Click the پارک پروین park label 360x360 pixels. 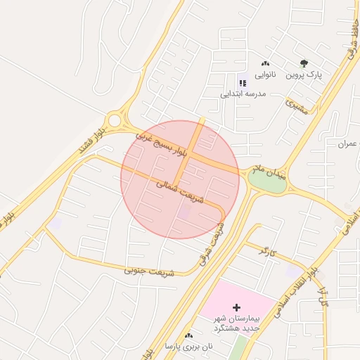[x=304, y=74]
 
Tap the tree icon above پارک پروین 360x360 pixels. [x=304, y=63]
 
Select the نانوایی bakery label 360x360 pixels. [x=265, y=74]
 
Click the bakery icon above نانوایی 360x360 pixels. [x=265, y=63]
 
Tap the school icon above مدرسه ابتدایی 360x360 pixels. [x=243, y=82]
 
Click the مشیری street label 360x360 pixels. [x=297, y=106]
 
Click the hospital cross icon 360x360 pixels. [x=236, y=307]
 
